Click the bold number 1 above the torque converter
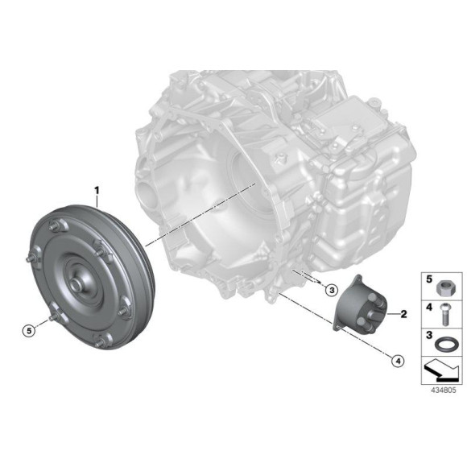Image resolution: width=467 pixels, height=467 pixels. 97,192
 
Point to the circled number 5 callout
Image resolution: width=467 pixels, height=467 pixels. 29,329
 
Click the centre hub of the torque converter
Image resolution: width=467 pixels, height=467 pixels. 80,281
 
